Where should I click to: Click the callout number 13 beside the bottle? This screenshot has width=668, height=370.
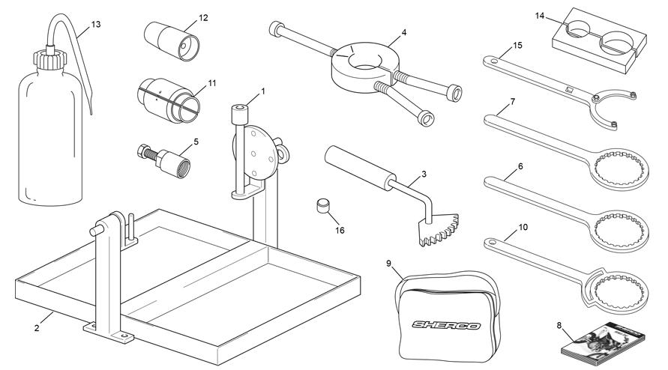[x=96, y=24]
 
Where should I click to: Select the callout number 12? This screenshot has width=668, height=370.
[x=203, y=18]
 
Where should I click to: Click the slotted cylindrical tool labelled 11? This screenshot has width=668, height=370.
[x=169, y=100]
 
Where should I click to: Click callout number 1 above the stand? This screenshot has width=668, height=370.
[x=263, y=91]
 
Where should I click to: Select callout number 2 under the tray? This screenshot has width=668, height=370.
[x=37, y=328]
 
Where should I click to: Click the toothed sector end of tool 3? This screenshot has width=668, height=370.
[x=439, y=230]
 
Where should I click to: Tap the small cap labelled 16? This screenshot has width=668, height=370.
[x=324, y=206]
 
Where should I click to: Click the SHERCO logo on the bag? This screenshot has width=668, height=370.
[x=445, y=326]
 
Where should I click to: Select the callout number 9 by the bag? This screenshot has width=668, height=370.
[x=388, y=264]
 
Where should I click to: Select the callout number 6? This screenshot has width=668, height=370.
[x=520, y=166]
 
